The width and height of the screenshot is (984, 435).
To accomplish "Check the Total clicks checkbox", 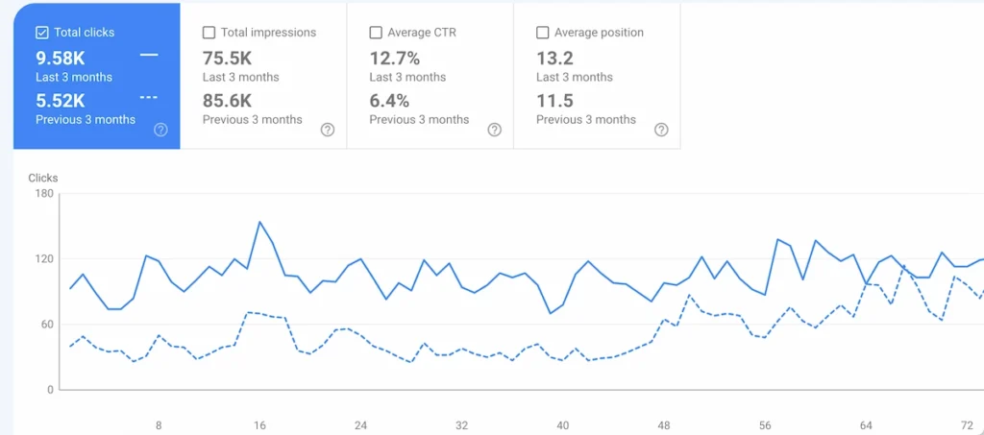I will (42, 33).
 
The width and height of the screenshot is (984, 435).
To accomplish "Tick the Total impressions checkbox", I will (209, 33).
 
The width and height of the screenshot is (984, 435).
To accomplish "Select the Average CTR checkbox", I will (376, 33).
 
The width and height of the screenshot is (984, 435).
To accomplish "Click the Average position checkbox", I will (543, 33).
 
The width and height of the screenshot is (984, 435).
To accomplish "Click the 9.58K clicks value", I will (61, 58).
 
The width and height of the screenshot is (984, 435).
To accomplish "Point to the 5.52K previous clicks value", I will (61, 100).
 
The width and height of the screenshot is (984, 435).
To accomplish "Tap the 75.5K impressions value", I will (227, 58).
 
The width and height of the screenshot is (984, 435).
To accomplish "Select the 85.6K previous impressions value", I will (227, 100).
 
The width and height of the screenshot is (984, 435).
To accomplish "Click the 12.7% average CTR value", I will (395, 58).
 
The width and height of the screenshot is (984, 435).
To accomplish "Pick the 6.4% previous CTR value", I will (389, 100).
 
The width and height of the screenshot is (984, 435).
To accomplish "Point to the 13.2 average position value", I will (554, 58).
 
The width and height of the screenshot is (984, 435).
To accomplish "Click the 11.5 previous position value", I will (554, 100).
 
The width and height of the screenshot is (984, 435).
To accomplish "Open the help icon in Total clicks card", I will (160, 130).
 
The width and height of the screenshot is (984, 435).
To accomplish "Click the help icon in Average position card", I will (661, 130).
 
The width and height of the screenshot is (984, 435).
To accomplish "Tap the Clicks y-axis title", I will (43, 178).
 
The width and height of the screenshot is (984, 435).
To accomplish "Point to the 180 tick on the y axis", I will (43, 194).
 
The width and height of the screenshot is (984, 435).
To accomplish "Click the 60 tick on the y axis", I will (46, 325).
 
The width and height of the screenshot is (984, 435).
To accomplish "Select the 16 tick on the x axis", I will (259, 425).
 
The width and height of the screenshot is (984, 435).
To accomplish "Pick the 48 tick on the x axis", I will (664, 425).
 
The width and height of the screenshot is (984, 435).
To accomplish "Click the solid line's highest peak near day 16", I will (259, 222).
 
